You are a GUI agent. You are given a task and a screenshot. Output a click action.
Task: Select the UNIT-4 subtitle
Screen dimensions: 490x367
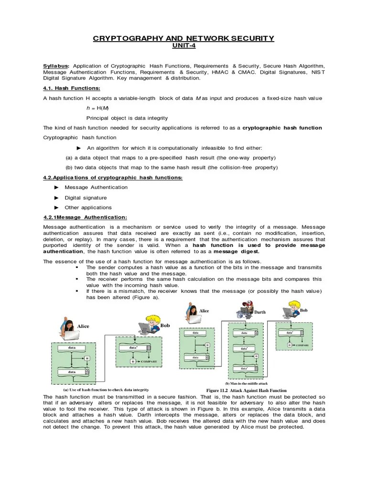tap(183, 46)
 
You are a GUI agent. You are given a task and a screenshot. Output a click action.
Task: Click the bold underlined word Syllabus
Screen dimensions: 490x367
tap(56, 66)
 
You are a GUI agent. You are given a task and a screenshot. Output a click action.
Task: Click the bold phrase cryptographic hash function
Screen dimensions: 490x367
tap(282, 128)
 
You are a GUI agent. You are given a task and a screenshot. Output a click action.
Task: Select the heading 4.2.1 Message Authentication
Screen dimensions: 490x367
tap(85, 217)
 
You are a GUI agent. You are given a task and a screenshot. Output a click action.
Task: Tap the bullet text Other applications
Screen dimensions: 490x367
tap(88, 208)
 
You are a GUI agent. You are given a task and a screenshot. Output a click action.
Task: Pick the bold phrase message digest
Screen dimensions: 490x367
tap(237, 251)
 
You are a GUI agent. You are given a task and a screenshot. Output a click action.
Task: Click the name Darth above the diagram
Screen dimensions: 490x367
tap(259, 312)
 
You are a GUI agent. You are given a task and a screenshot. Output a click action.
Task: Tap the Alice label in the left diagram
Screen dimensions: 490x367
tap(84, 326)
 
